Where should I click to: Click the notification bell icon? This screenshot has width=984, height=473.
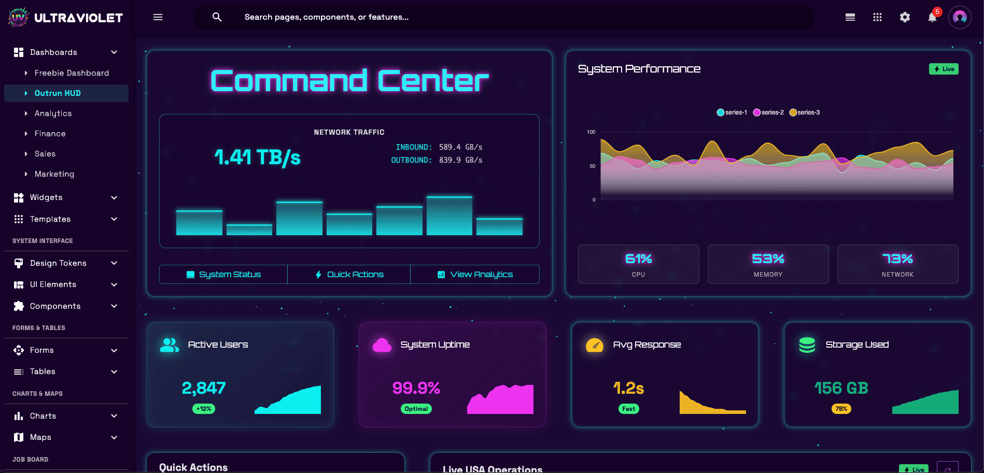pos(932,18)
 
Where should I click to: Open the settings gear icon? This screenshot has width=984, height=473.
pos(905,18)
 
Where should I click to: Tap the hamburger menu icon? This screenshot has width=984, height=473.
pos(158,18)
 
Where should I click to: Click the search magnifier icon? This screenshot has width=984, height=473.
pos(217,18)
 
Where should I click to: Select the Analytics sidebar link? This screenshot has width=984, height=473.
pos(53,113)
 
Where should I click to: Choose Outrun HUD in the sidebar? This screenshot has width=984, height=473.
pos(58,93)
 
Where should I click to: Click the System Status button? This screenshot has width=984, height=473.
pos(223,275)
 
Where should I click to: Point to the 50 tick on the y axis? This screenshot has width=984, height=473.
pos(593,166)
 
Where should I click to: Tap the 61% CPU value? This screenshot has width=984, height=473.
pos(638,259)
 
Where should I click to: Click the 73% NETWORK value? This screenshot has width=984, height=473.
pos(897,259)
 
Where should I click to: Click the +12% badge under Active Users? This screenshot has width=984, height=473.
pos(204,409)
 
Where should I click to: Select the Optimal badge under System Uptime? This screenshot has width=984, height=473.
pos(416,409)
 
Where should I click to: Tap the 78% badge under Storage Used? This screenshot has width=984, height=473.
pos(841,409)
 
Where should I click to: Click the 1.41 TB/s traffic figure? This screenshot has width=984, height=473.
pos(257,157)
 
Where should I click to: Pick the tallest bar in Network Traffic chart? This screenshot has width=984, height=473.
pos(449,216)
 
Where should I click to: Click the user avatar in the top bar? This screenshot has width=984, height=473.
pos(960,18)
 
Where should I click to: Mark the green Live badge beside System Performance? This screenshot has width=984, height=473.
pos(944,69)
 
